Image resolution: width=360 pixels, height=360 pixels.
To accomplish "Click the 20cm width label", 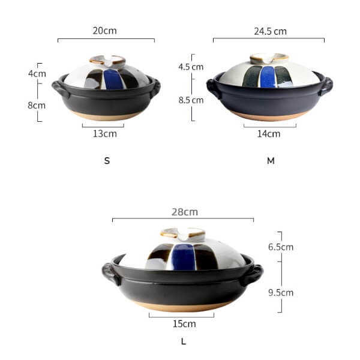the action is (104, 31).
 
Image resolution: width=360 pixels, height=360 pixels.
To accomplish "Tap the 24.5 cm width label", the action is (270, 31).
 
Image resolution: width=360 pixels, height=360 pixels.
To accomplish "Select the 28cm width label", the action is (185, 212).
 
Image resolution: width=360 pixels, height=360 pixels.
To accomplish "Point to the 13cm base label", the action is (104, 134).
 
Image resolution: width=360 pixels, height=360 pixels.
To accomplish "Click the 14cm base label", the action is (269, 134).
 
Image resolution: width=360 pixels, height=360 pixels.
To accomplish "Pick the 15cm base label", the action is (184, 324).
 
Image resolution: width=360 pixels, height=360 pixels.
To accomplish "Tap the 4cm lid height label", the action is (37, 74).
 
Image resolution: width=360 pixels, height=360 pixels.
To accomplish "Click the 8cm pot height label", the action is (37, 106).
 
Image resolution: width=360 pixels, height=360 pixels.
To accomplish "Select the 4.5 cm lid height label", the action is (191, 67).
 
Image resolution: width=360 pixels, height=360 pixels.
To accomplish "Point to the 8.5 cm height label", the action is (191, 100).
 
